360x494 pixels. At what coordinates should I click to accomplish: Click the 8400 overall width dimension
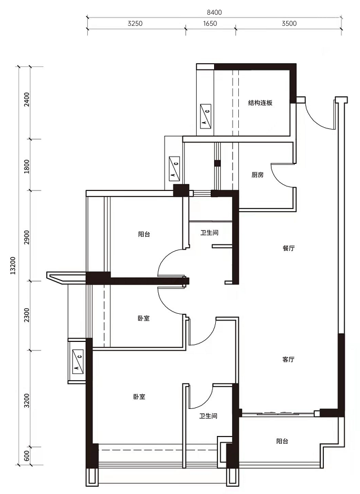click(x=214, y=12)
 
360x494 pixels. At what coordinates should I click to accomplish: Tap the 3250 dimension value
click(x=135, y=23)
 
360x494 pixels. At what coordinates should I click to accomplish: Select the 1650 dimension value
click(x=210, y=23)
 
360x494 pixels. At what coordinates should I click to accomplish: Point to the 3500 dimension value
click(x=289, y=23)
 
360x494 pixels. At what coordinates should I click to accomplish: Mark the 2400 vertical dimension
click(x=26, y=99)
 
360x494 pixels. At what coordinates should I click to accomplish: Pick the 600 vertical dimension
click(x=26, y=455)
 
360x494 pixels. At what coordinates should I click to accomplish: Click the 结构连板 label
click(x=260, y=103)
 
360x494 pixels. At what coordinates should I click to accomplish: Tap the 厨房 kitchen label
click(x=257, y=175)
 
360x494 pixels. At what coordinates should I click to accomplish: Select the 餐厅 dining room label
click(x=288, y=248)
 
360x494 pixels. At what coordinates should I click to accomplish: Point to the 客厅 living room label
click(x=288, y=359)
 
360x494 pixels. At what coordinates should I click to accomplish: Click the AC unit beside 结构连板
click(x=206, y=117)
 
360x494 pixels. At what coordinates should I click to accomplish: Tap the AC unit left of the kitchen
click(x=174, y=169)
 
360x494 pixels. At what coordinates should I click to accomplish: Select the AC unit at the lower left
click(x=78, y=362)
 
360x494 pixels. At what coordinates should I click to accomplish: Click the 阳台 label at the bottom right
click(x=282, y=442)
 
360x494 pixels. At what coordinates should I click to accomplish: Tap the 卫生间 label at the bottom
click(x=208, y=416)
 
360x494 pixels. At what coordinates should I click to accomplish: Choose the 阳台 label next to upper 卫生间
click(x=144, y=234)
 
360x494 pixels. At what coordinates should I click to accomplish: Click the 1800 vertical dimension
click(x=26, y=166)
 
